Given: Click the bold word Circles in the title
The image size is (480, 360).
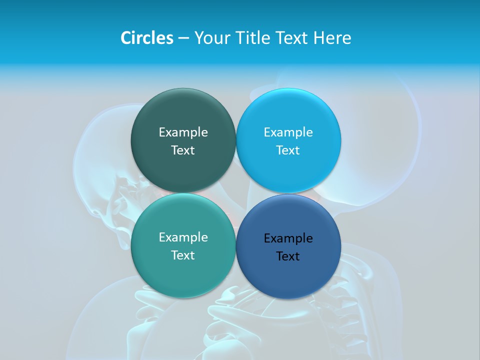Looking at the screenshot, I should pos(146,38).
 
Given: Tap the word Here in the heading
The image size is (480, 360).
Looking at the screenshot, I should pos(332,38).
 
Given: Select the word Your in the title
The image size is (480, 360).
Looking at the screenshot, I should pos(212,38).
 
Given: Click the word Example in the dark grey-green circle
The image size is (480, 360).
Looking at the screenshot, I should pos(183,132).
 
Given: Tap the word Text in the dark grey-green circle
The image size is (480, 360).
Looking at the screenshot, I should pos(183,150).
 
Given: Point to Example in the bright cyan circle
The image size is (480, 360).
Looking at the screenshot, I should pos(288,132).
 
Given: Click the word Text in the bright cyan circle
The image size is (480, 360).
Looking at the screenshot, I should pos(288,150).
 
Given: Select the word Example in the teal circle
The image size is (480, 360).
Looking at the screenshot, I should pos(183,237).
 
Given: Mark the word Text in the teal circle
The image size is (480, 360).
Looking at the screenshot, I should pos(183,255).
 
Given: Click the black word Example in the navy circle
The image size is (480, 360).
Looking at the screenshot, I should pos(288,238).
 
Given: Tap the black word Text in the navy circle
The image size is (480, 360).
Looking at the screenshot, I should pos(288,256).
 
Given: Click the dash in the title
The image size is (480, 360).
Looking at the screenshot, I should pos(183,38).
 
